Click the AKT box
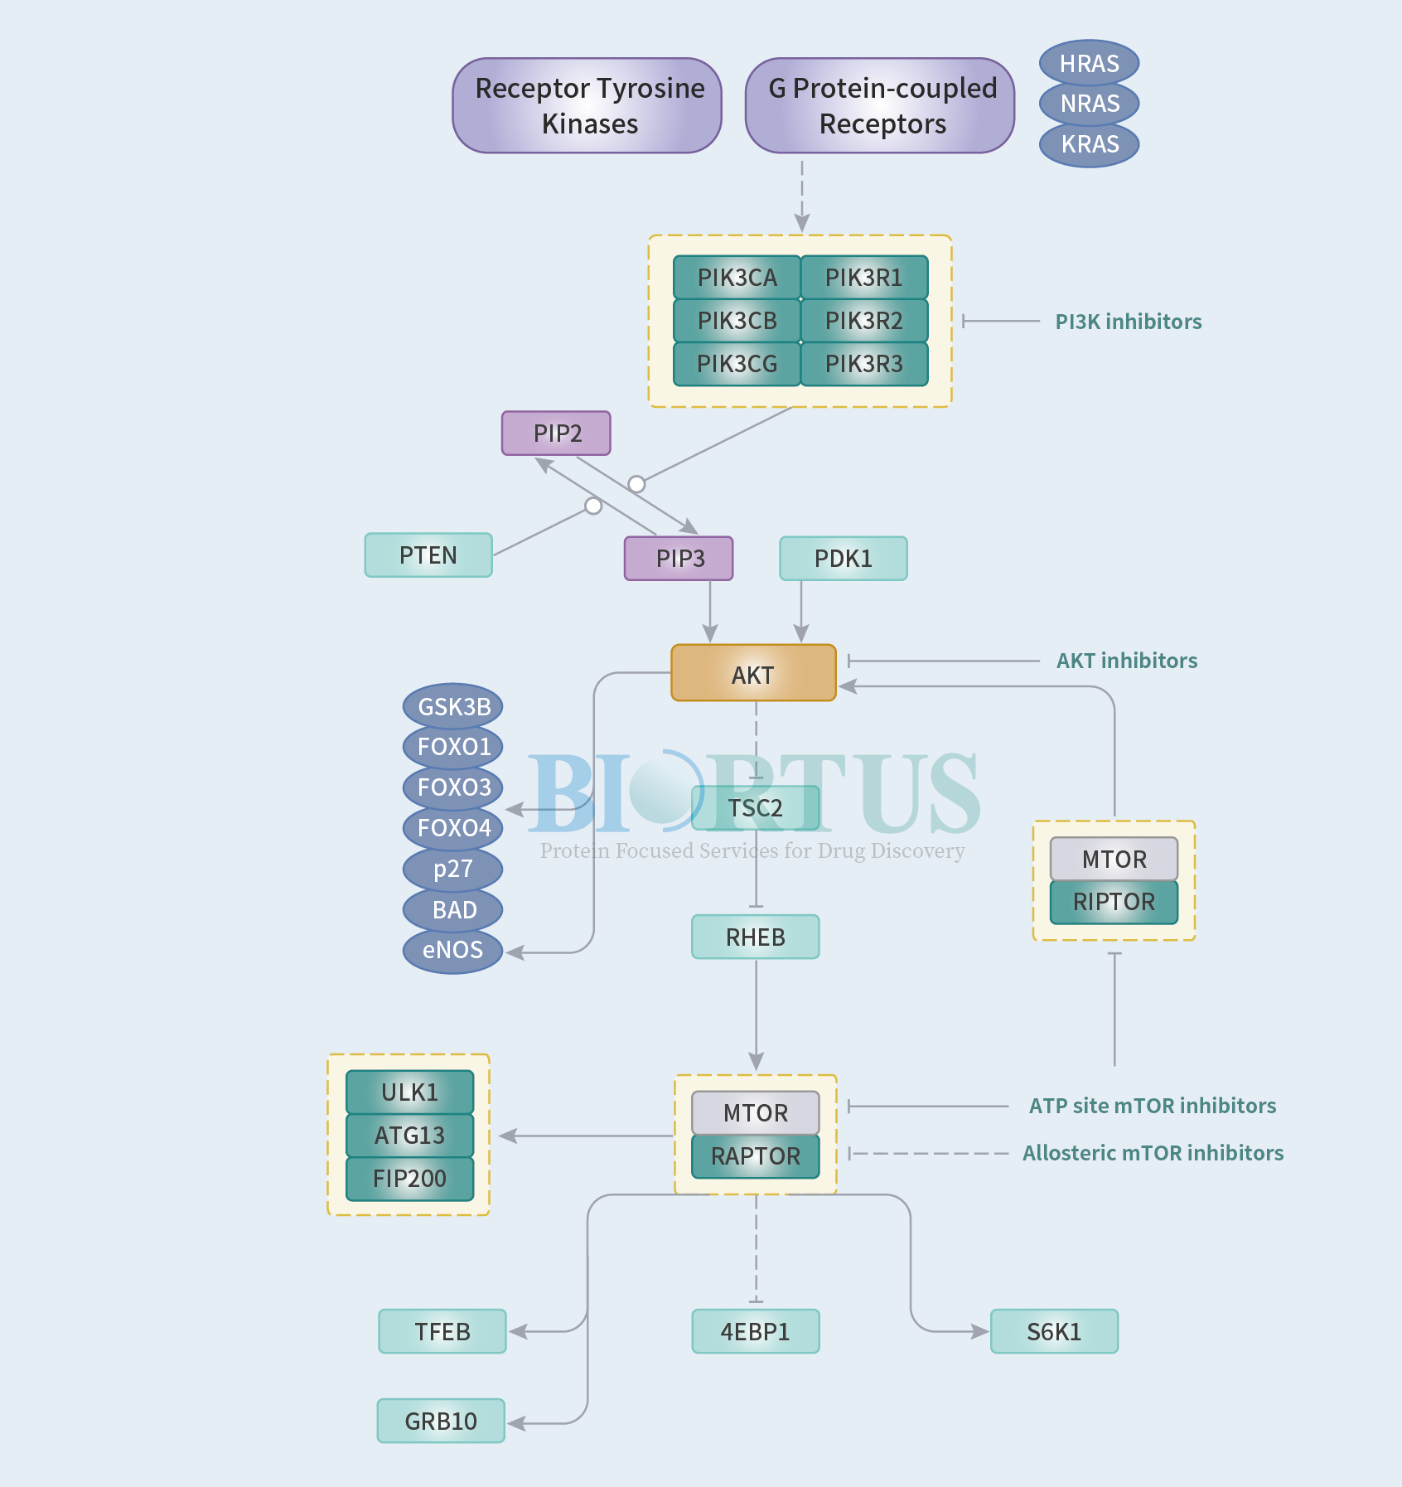(753, 673)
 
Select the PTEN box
(428, 555)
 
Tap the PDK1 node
(844, 559)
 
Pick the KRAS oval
(1090, 144)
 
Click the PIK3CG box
(737, 364)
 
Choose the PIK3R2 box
(864, 321)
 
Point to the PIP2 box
(556, 433)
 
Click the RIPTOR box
(1114, 902)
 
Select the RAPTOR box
(756, 1156)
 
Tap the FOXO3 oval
(453, 787)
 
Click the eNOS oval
(453, 950)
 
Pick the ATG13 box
(409, 1136)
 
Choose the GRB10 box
(441, 1421)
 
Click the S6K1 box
(1054, 1331)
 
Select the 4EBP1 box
(756, 1331)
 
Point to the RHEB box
(756, 937)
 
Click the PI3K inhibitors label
(1129, 322)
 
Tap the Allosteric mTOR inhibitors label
(1153, 1153)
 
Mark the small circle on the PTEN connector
(593, 506)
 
